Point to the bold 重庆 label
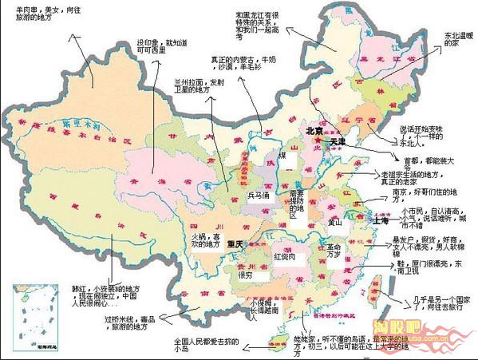[x=234, y=243]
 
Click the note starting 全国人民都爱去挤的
[x=207, y=344]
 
